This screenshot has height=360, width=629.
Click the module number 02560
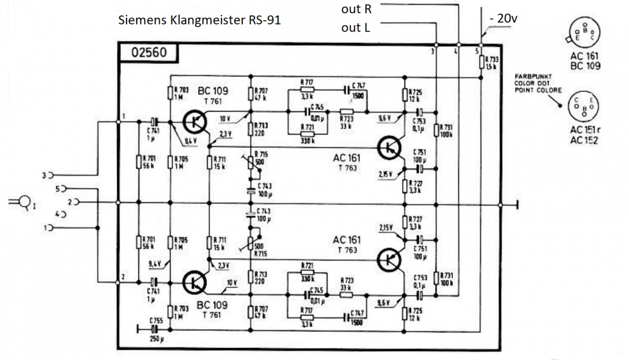tap(149, 53)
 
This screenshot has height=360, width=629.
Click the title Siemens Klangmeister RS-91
tap(199, 20)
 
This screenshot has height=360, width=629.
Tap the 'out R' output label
tap(357, 9)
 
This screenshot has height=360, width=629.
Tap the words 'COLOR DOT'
tap(532, 81)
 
